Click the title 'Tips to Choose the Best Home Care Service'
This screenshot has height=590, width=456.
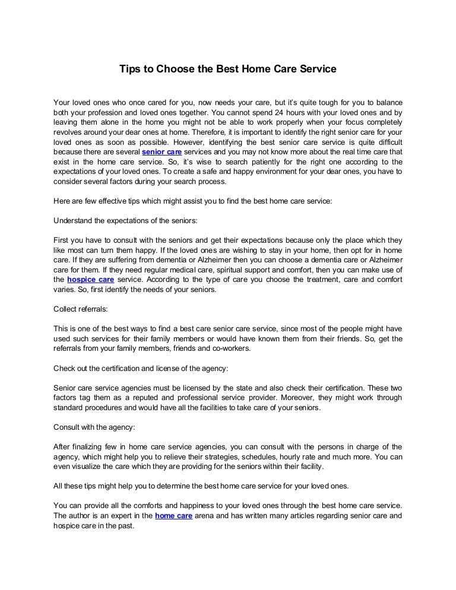pyautogui.click(x=228, y=69)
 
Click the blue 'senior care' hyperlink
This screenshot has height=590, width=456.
pyautogui.click(x=161, y=151)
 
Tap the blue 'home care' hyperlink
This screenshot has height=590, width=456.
pyautogui.click(x=173, y=516)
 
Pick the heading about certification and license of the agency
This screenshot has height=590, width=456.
pyautogui.click(x=140, y=368)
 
